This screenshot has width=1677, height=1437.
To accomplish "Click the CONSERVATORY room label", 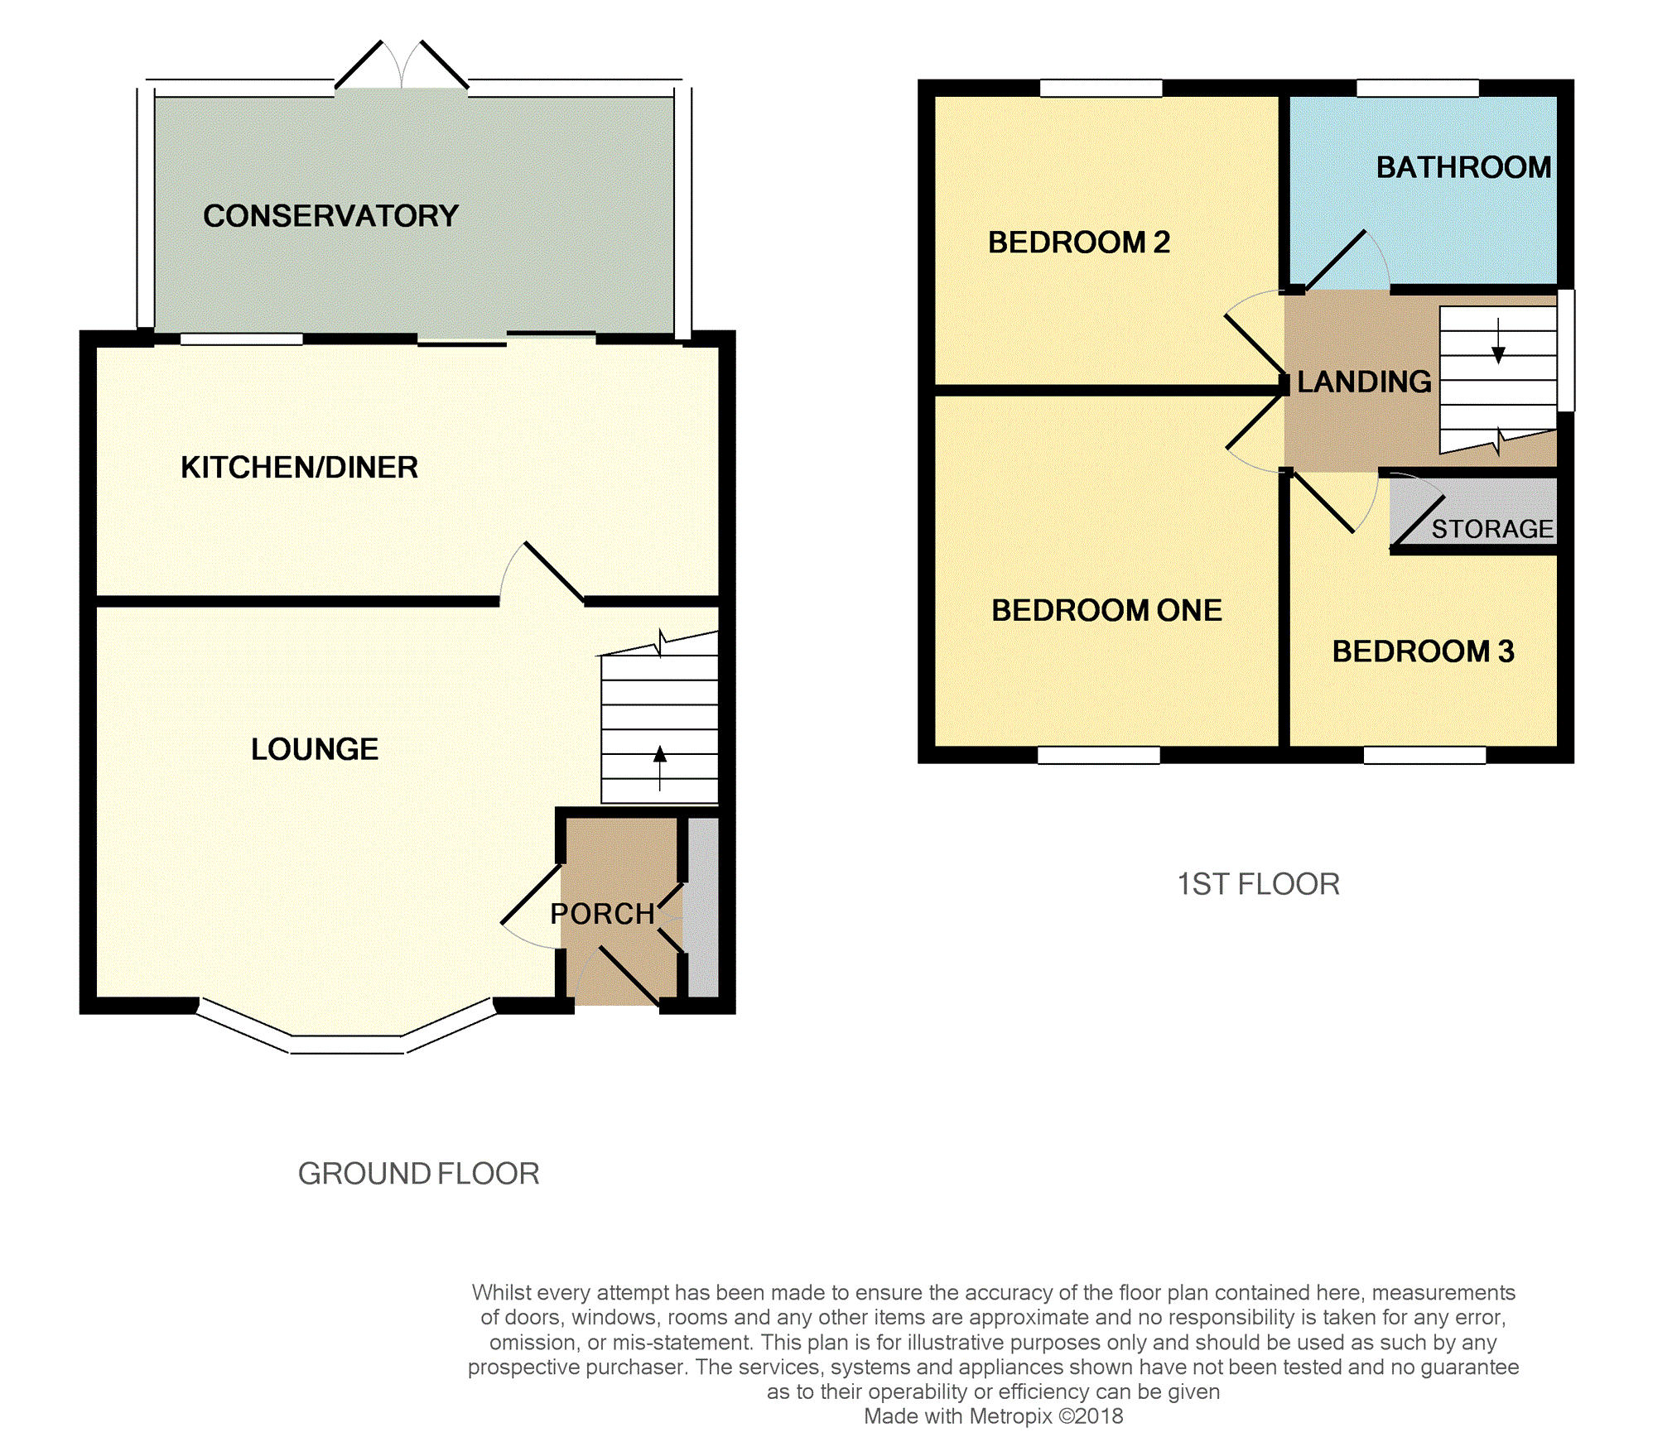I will (330, 216).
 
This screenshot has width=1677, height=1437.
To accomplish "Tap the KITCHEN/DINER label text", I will (299, 468).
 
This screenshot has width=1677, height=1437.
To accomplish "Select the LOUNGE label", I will (315, 749).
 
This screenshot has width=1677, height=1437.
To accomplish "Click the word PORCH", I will (602, 914).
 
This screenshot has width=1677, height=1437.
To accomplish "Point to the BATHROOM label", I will (1463, 168).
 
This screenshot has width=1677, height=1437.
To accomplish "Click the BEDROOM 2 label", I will (1078, 243).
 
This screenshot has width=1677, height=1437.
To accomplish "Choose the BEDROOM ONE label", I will (1106, 611).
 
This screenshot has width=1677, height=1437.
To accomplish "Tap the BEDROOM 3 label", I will (1423, 651).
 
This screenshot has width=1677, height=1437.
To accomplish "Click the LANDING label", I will (1364, 382).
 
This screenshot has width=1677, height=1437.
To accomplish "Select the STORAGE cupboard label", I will (1492, 529).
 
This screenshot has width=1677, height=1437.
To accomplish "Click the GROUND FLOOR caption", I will (418, 1174).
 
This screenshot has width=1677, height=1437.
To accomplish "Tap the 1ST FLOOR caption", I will (1258, 884).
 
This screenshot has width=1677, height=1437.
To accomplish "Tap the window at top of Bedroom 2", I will (1101, 88).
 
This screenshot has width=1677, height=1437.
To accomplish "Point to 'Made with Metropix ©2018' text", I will (993, 1416).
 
